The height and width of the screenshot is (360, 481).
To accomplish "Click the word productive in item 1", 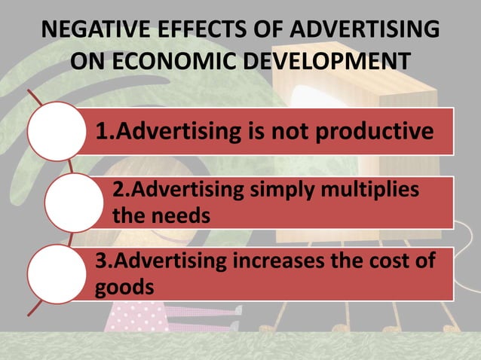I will (375, 132).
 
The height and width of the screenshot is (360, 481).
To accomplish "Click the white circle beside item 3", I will (57, 274).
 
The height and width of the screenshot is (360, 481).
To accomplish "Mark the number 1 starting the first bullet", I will (100, 132).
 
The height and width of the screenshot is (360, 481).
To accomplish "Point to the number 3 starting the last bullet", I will (100, 263).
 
